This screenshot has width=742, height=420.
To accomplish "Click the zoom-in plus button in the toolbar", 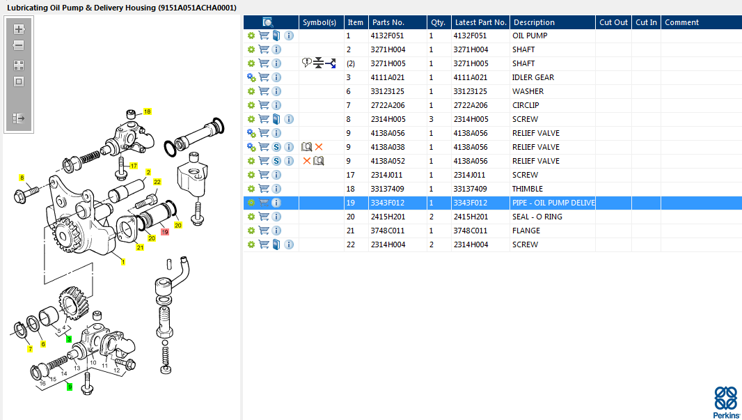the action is (x=19, y=29).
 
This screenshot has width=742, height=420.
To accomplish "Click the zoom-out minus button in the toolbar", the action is (x=19, y=45).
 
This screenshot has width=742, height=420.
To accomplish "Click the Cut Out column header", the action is (x=613, y=22).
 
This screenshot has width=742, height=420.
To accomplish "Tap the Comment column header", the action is (x=681, y=22).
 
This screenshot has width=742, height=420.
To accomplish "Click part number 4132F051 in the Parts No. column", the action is (x=387, y=36).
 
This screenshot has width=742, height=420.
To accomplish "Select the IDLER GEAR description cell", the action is (x=533, y=77).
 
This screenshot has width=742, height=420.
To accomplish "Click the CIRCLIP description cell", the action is (x=526, y=105).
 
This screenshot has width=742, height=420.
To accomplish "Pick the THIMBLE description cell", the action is (x=527, y=189).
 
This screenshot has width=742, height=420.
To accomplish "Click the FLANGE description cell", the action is (x=526, y=231).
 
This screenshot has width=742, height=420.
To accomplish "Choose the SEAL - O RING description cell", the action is (x=537, y=217).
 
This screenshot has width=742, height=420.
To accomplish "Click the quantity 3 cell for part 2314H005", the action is (x=431, y=119).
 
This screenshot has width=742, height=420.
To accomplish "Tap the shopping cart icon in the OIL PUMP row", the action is (x=264, y=36).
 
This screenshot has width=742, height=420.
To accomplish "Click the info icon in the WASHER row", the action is (x=276, y=91).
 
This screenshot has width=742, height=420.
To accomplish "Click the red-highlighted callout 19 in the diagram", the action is (x=165, y=232).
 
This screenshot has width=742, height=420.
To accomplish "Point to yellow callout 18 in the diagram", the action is (x=147, y=111).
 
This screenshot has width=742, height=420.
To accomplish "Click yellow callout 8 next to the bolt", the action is (x=22, y=178).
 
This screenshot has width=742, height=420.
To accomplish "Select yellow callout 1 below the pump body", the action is (x=123, y=262).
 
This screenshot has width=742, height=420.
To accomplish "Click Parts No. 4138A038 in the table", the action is (x=388, y=147).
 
